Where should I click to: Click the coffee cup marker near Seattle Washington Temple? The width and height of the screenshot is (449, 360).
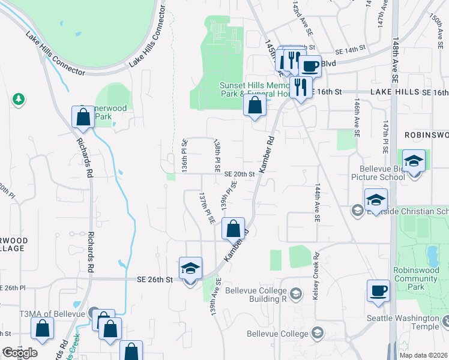pyautogui.click(x=378, y=291)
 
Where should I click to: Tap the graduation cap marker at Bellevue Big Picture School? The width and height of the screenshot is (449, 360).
pyautogui.click(x=414, y=161)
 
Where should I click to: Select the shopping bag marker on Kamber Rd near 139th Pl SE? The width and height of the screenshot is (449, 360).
pyautogui.click(x=233, y=229)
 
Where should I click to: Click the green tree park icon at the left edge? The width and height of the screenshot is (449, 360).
pyautogui.click(x=19, y=99)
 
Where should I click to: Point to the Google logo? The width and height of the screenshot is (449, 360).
pyautogui.click(x=20, y=353)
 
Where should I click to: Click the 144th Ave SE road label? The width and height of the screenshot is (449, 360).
pyautogui.click(x=316, y=203)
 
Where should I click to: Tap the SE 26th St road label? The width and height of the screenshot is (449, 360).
pyautogui.click(x=155, y=280)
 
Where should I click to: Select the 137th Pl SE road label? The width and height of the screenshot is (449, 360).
pyautogui.click(x=207, y=208)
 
